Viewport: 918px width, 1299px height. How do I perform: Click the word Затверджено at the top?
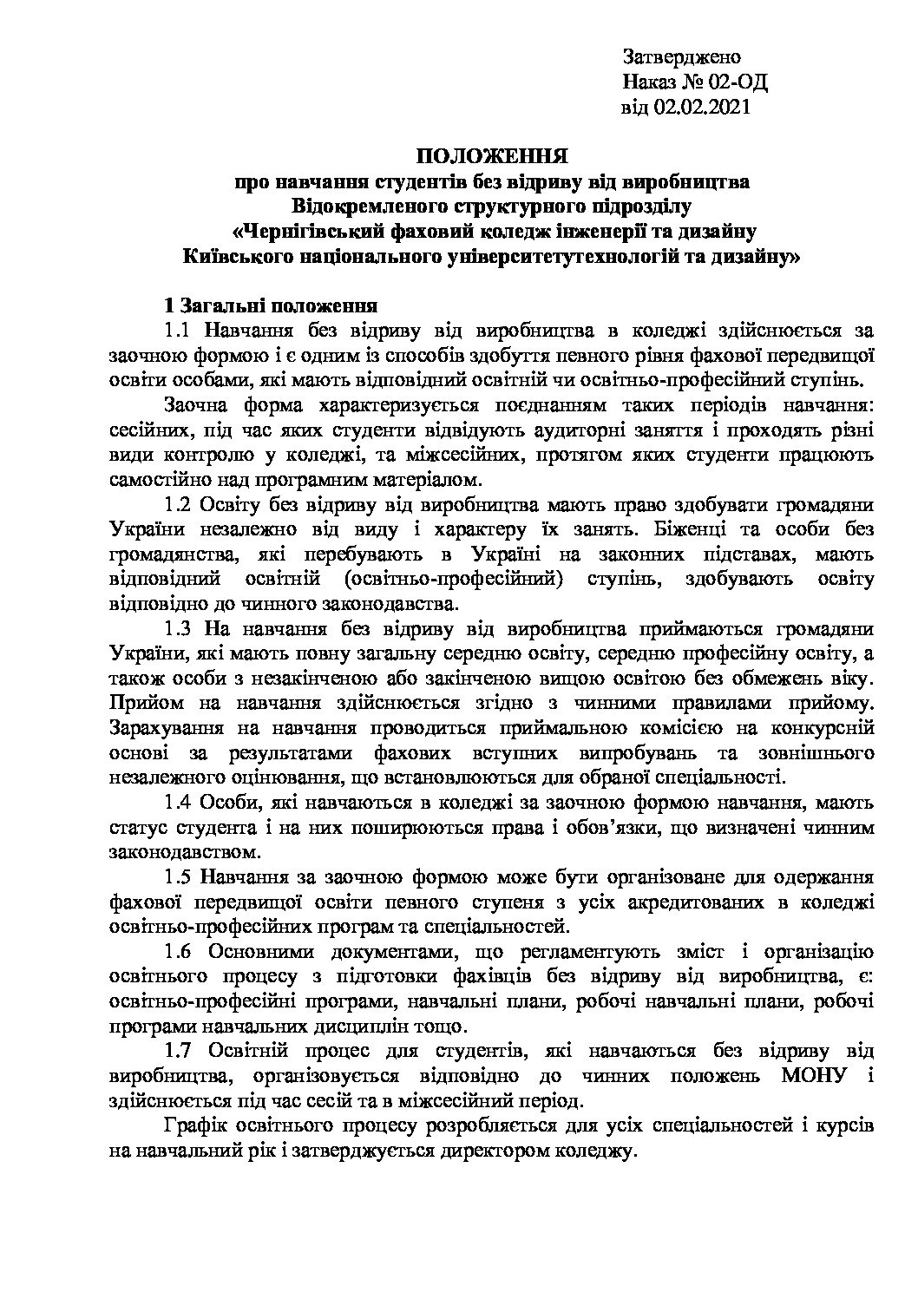pyautogui.click(x=681, y=58)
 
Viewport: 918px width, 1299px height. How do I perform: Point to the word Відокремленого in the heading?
pyautogui.click(x=364, y=207)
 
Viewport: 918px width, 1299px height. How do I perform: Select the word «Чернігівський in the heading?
pyautogui.click(x=308, y=233)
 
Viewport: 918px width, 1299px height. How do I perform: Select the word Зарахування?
pyautogui.click(x=166, y=728)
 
